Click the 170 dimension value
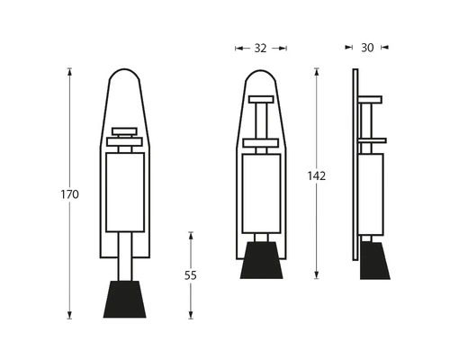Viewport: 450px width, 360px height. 69,194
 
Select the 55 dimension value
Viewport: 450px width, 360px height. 191,275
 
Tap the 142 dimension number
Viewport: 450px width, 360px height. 316,175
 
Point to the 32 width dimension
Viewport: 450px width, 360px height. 260,49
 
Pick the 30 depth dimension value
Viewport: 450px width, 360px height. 367,49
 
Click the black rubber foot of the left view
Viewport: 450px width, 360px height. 125,300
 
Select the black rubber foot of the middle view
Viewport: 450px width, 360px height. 260,260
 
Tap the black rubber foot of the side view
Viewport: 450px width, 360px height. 373,260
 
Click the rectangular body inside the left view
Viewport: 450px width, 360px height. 125,192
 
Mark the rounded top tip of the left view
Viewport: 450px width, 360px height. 125,74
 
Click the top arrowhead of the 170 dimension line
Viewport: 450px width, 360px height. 69,69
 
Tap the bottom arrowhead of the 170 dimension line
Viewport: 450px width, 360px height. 69,317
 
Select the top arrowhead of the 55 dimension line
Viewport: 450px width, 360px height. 191,234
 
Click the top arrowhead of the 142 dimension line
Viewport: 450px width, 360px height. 316,69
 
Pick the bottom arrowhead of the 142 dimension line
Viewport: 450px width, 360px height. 316,277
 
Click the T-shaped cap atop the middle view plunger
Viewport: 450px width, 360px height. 260,99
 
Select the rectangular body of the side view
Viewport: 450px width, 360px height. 371,191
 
